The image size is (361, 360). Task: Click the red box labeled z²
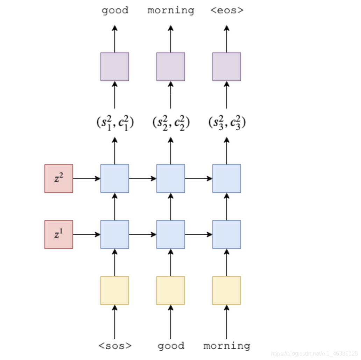tap(59, 179)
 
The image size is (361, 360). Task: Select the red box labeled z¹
tap(59, 235)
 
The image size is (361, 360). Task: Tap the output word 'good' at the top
tap(115, 10)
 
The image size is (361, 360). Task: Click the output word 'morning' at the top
tap(171, 10)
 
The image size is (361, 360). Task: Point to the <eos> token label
tap(227, 10)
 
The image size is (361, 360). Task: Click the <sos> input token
tap(115, 346)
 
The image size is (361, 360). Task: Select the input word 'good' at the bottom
tap(171, 346)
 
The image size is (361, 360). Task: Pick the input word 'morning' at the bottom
tap(227, 346)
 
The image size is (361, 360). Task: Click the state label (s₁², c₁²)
tap(115, 122)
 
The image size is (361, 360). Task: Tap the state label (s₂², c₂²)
tap(171, 122)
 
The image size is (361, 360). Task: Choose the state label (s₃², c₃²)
tap(227, 122)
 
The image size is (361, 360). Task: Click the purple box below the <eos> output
tap(227, 67)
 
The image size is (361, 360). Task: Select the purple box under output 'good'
tap(115, 67)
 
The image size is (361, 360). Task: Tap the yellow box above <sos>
tap(115, 290)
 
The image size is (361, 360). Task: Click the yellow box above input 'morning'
tap(227, 290)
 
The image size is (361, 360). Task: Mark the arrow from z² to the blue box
tap(86, 179)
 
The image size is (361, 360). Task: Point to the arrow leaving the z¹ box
tap(86, 235)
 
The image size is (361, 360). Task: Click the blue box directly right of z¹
tap(115, 235)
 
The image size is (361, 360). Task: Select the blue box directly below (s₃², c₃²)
tap(227, 179)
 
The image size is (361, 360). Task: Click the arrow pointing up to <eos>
tap(227, 38)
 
